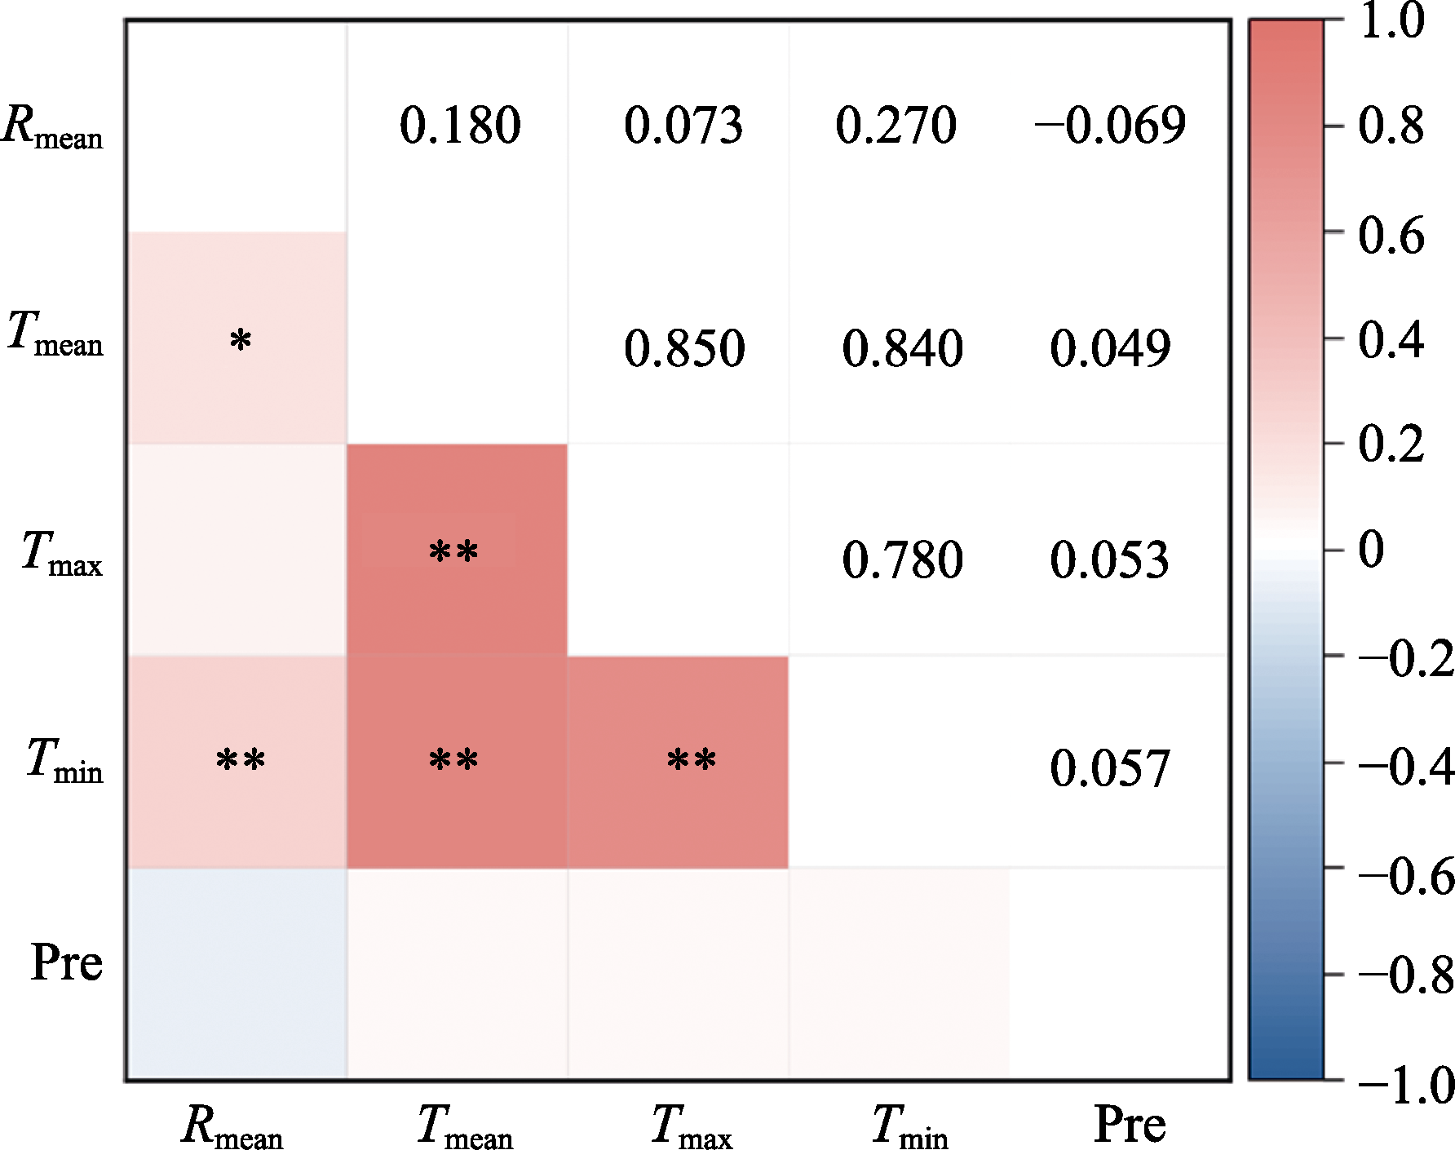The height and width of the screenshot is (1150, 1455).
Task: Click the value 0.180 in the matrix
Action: click(x=460, y=126)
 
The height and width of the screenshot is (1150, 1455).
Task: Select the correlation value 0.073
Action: click(x=683, y=126)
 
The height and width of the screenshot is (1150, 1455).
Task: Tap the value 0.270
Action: click(x=896, y=126)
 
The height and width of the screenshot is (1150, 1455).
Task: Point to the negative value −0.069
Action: click(x=1109, y=126)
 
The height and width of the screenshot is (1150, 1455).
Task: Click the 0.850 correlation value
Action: click(x=684, y=348)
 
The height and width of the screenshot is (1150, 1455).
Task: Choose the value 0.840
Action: click(x=902, y=348)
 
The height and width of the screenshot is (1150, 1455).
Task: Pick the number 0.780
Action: click(x=902, y=560)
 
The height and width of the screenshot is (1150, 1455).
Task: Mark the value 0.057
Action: click(x=1109, y=768)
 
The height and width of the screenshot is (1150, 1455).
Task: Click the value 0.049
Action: click(x=1109, y=348)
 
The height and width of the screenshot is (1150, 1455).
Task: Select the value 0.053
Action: click(x=1109, y=560)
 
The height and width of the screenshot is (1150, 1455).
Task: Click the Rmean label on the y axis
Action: click(x=53, y=127)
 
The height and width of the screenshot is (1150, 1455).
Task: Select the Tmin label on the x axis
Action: click(x=909, y=1127)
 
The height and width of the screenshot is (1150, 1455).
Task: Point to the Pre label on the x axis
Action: click(x=1130, y=1125)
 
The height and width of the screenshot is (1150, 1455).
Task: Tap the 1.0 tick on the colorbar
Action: click(x=1391, y=21)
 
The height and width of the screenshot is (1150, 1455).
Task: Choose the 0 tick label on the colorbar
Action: click(x=1371, y=549)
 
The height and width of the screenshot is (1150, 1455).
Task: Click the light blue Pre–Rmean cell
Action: click(x=237, y=974)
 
